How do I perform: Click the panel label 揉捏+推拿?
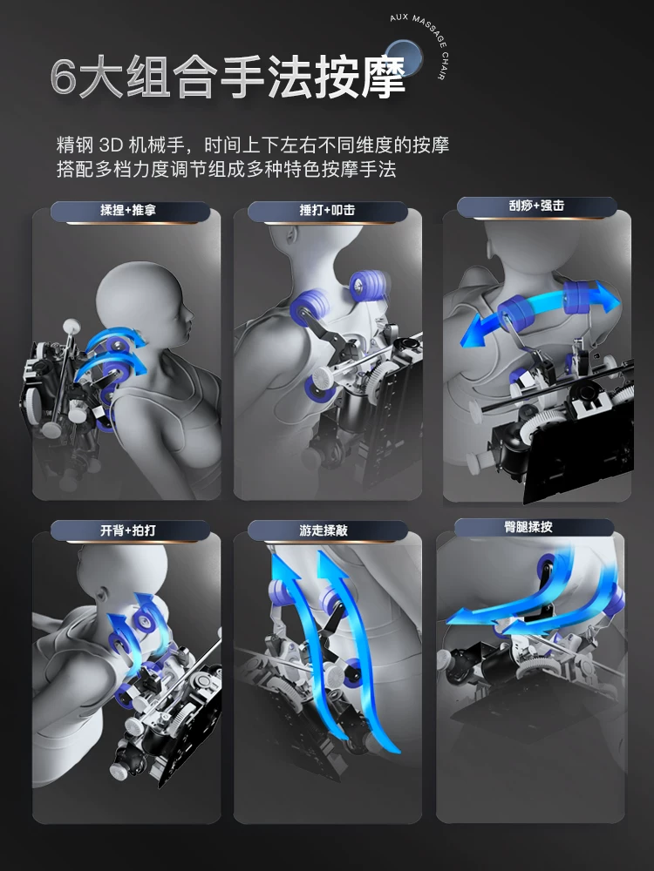pyautogui.click(x=128, y=210)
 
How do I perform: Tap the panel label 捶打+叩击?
pyautogui.click(x=327, y=210)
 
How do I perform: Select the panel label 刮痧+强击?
pyautogui.click(x=536, y=206)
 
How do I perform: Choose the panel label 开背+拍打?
pyautogui.click(x=128, y=530)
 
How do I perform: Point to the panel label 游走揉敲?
pyautogui.click(x=324, y=530)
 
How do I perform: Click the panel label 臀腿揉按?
pyautogui.click(x=528, y=527)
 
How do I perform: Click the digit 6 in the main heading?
pyautogui.click(x=63, y=78)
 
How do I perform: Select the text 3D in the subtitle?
pyautogui.click(x=111, y=145)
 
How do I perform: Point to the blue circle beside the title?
pyautogui.click(x=404, y=57)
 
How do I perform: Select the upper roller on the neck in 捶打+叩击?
pyautogui.click(x=369, y=286)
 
